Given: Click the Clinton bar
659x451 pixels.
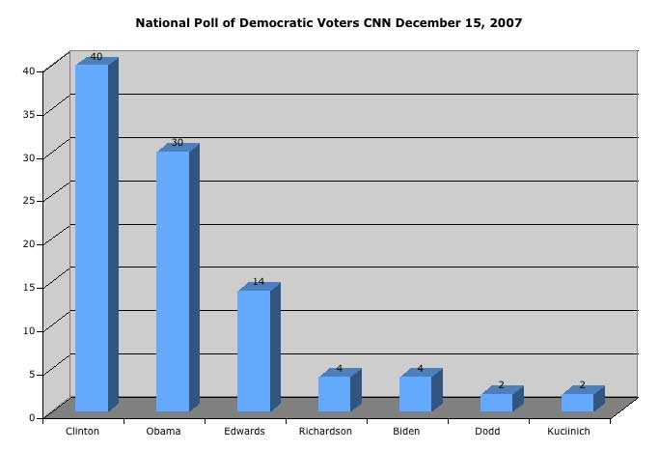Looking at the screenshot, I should coord(92,237).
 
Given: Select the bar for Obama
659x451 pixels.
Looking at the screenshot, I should coord(173,280).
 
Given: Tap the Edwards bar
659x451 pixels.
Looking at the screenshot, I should coord(254,350).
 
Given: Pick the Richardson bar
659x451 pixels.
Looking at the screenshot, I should coord(334,393).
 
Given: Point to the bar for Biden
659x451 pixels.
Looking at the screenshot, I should coord(415,393).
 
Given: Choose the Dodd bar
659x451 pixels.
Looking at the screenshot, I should coord(496,402).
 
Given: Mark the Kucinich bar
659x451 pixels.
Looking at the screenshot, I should coord(577,402).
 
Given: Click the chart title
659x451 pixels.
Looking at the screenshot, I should coord(329,22).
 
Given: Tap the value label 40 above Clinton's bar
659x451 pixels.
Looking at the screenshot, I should coord(96,57).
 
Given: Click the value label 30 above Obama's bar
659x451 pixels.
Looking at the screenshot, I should coord(178,143).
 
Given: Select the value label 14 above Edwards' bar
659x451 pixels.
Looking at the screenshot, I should coord(259,282).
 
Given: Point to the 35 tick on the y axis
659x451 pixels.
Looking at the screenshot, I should coord(30,114).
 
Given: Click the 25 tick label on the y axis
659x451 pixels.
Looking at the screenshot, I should coord(30,200).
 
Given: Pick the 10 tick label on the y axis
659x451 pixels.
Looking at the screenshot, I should coord(30,330).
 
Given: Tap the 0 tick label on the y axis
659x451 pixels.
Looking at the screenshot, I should coord(33,417).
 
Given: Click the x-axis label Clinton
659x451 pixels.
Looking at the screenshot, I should coord(83,431).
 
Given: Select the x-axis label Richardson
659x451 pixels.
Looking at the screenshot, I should coord(325,431).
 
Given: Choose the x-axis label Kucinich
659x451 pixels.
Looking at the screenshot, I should coord(568,431).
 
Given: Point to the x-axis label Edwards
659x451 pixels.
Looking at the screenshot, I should coord(244,431).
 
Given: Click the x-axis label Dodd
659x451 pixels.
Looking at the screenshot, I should coord(487,431).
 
